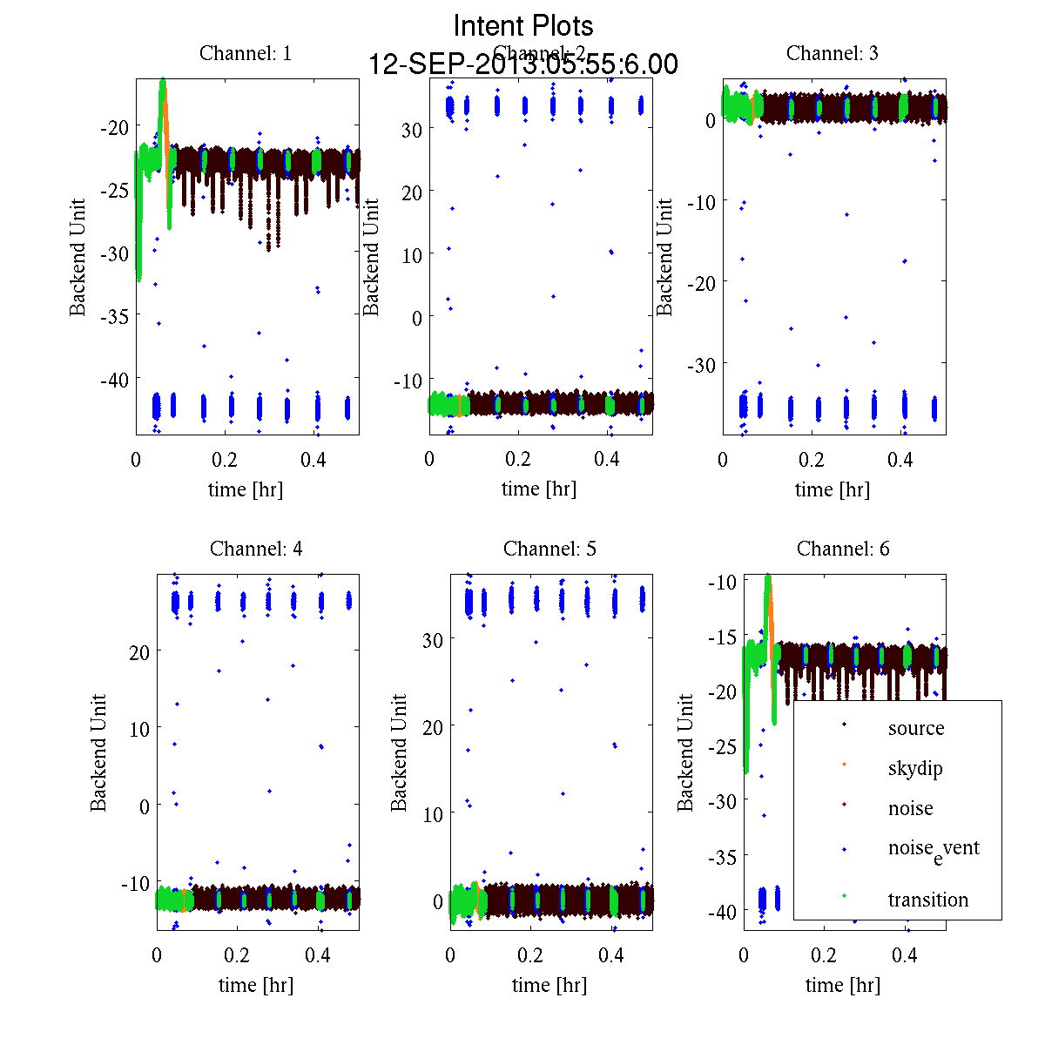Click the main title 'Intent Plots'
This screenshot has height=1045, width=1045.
coord(523,25)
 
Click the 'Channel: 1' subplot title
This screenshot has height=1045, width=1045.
coord(246,53)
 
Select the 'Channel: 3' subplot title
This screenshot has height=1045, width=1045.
coord(832,53)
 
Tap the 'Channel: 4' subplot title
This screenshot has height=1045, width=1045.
coord(256,549)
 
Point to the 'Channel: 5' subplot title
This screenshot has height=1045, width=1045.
coord(549,549)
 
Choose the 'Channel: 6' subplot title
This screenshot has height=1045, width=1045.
coord(843,549)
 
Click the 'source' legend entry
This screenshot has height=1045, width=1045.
coord(915,728)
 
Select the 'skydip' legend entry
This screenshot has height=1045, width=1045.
coord(914,768)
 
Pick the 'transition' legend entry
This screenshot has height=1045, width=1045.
coord(927,900)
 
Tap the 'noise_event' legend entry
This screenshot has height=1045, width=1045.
coord(933,848)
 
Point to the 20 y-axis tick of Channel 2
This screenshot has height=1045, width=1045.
coord(411,192)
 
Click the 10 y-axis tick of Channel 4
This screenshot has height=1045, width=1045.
coord(138,728)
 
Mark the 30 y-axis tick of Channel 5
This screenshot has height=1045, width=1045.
coord(433,639)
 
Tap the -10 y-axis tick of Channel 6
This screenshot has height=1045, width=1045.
coord(725,582)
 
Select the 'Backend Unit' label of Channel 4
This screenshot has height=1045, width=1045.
coord(99,752)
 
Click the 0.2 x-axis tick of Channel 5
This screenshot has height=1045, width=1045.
coord(530,955)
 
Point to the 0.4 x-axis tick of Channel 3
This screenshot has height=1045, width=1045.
coord(900,460)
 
